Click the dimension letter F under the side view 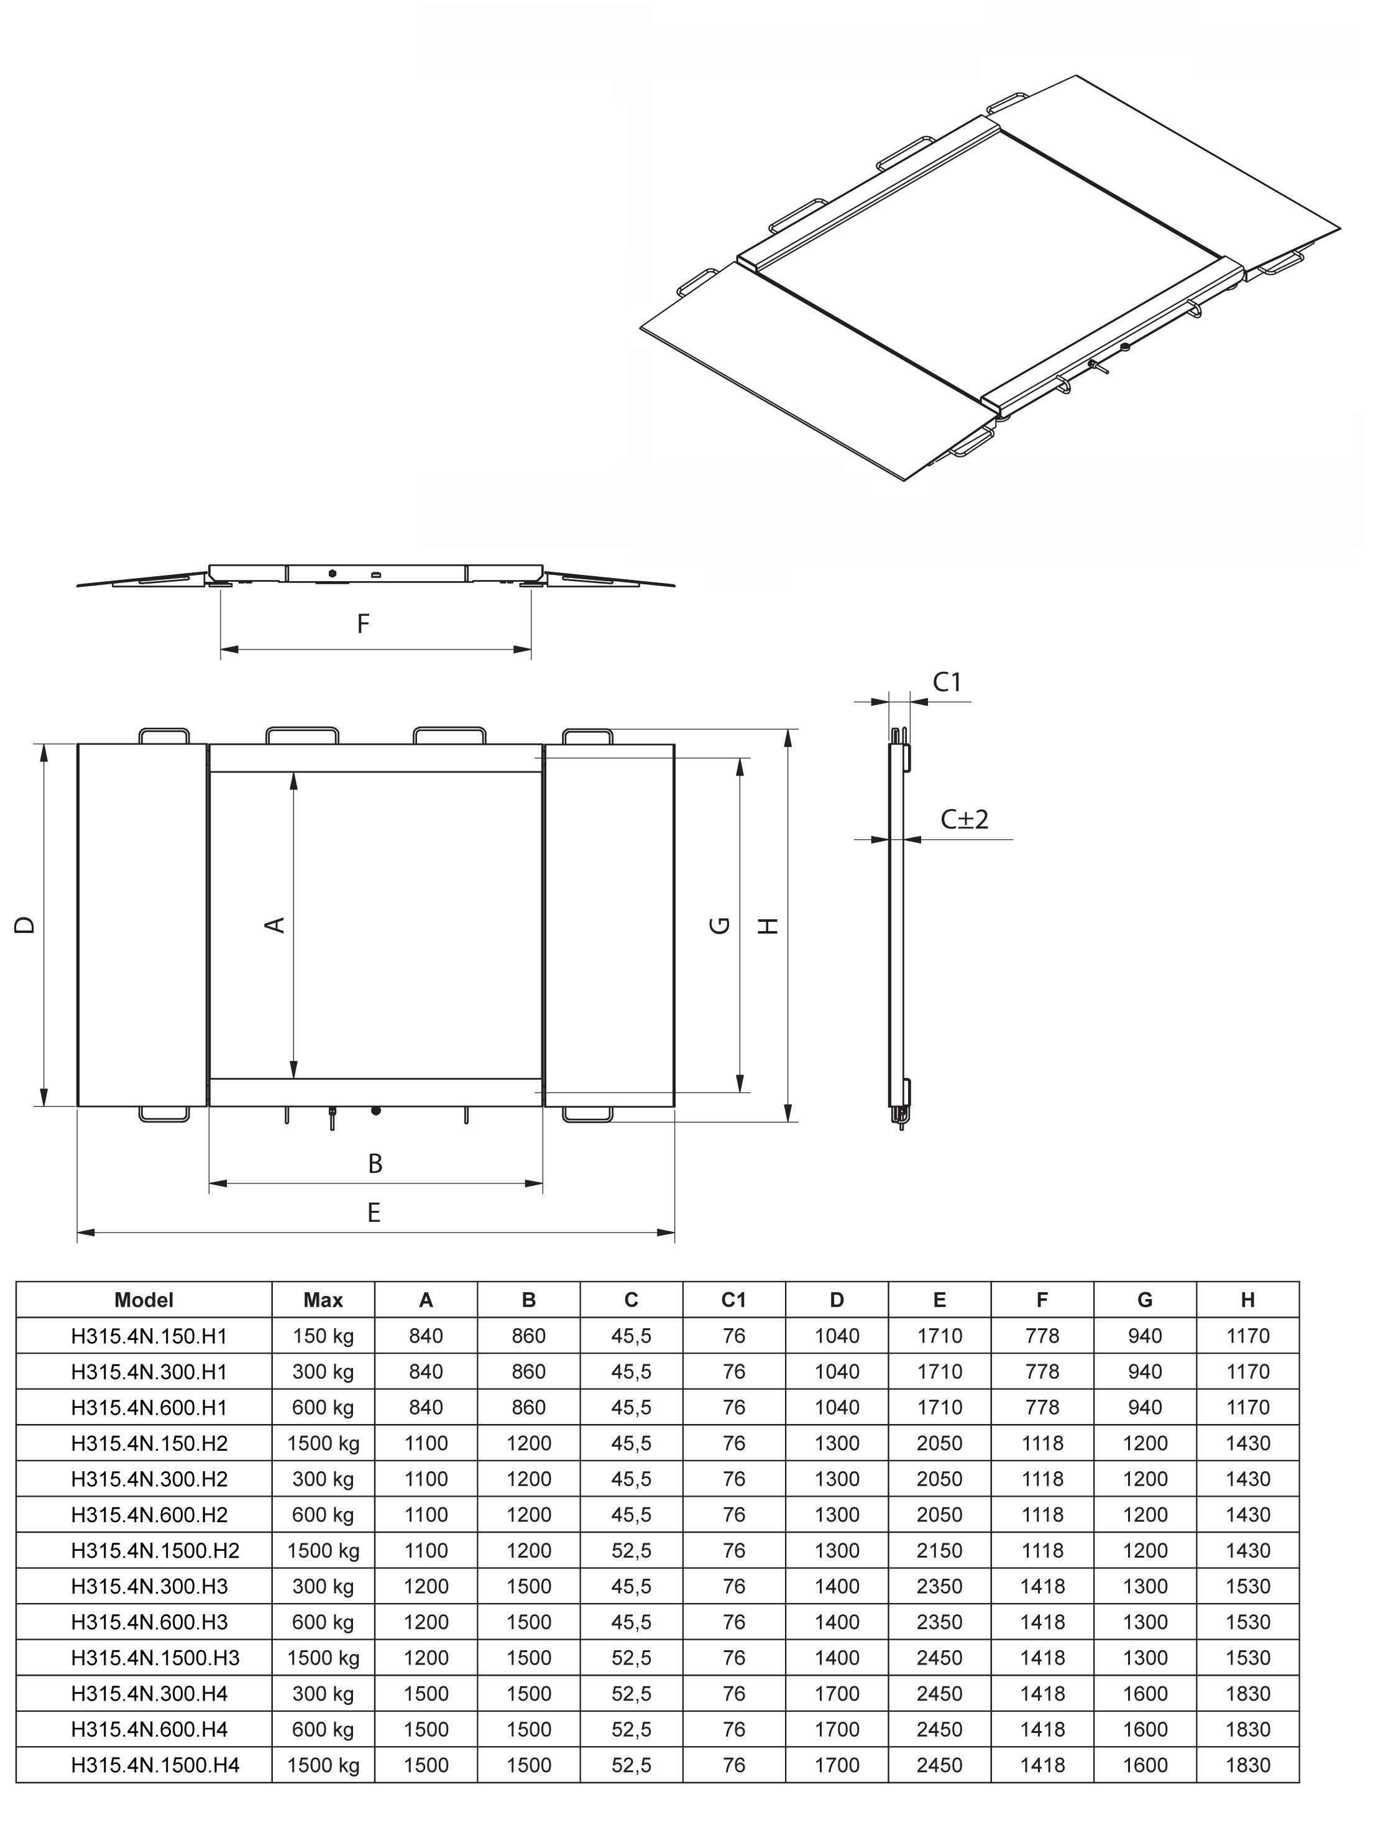point(363,624)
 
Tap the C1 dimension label point(947,682)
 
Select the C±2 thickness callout point(964,820)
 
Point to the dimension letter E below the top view point(374,1213)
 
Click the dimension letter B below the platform point(375,1164)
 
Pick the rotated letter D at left point(25,925)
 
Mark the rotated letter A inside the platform point(276,925)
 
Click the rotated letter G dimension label point(720,925)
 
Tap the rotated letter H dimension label point(769,925)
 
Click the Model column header point(144,1300)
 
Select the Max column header point(323,1300)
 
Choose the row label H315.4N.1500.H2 point(155,1550)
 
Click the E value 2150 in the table point(939,1550)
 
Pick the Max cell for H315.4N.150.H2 point(323,1443)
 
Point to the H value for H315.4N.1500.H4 point(1247,1765)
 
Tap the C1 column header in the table point(733,1300)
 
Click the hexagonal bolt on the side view point(333,573)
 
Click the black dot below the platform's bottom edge point(375,1111)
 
